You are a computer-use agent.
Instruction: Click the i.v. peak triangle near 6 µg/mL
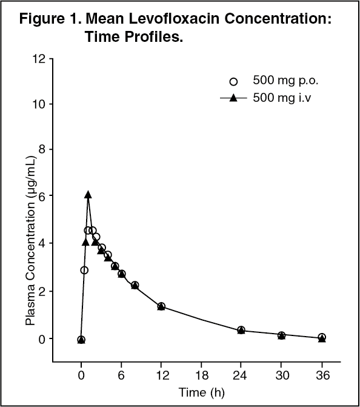point(88,195)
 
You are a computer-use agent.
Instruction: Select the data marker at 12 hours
point(161,306)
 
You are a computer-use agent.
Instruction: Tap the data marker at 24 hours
point(241,330)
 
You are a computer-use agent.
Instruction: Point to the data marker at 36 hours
point(322,337)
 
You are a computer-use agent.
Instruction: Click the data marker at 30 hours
point(281,335)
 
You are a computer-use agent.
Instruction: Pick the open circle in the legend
point(233,82)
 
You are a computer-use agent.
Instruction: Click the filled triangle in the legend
point(233,98)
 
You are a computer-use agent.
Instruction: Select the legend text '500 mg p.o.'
point(285,81)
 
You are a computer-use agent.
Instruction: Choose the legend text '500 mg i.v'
point(282,98)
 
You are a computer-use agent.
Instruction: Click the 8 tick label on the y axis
point(42,149)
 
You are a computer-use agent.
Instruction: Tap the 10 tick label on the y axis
point(39,104)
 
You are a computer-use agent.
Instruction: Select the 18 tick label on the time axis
point(202,375)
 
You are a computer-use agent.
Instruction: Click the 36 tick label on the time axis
point(322,375)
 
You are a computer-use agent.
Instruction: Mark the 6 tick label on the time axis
point(121,375)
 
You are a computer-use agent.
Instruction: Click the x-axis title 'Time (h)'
point(202,392)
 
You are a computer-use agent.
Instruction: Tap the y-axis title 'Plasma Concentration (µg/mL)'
point(30,241)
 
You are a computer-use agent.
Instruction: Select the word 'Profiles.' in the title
point(154,36)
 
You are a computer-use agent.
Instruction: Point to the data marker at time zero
point(81,340)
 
